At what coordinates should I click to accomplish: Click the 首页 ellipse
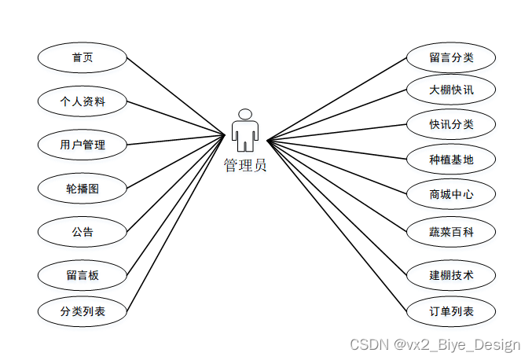83,57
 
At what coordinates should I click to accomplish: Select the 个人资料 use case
83,101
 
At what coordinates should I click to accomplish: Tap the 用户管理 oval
83,145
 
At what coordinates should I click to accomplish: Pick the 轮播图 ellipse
83,189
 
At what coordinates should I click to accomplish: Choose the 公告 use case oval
83,232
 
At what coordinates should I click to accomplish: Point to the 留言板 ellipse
83,275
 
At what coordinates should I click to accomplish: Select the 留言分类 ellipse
451,57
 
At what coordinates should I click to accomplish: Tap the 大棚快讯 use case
451,90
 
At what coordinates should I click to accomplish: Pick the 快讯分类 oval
451,124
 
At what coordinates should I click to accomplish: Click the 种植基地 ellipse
451,160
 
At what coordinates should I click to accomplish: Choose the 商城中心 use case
451,194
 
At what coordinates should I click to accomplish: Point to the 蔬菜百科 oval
451,232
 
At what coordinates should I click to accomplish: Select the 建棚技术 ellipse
451,275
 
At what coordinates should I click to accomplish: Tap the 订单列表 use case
451,311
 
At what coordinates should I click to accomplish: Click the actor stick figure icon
245,132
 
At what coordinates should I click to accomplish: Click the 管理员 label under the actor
245,165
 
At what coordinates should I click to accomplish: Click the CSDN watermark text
435,344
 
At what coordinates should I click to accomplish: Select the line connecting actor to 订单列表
338,226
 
